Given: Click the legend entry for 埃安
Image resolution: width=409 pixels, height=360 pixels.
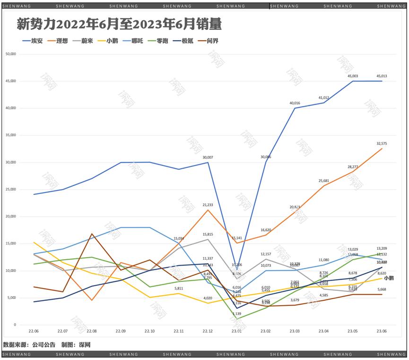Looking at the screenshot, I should pyautogui.click(x=33, y=41).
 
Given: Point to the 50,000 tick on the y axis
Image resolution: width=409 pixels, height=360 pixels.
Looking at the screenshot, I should pyautogui.click(x=10, y=54).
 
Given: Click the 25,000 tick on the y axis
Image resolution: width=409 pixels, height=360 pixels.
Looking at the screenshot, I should pyautogui.click(x=10, y=189).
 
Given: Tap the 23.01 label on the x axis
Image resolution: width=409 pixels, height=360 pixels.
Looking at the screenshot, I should pyautogui.click(x=236, y=332).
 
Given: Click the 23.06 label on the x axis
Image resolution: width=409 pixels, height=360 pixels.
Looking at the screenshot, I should pyautogui.click(x=382, y=332).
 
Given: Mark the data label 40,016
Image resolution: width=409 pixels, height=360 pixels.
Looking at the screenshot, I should pyautogui.click(x=295, y=103).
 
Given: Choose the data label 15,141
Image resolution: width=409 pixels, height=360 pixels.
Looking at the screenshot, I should pyautogui.click(x=236, y=238).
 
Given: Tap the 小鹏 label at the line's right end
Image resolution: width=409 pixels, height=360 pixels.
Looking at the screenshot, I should pyautogui.click(x=389, y=279).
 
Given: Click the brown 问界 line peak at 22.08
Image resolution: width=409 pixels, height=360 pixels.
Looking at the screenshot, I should pyautogui.click(x=92, y=234).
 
